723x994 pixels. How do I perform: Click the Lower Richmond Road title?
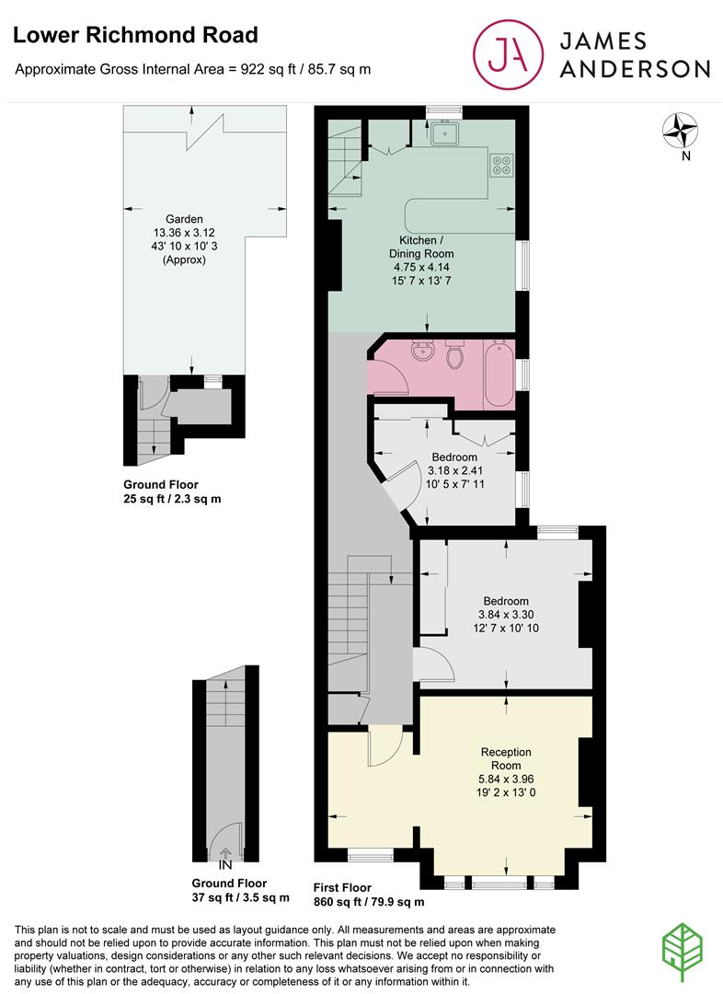pyautogui.click(x=135, y=36)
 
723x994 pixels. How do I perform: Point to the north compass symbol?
pyautogui.click(x=683, y=131)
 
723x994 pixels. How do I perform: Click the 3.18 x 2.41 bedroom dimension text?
pyautogui.click(x=454, y=472)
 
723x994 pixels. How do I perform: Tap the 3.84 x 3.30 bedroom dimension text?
pyautogui.click(x=506, y=615)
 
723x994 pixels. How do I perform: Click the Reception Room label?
pyautogui.click(x=506, y=758)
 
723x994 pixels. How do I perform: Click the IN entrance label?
pyautogui.click(x=225, y=865)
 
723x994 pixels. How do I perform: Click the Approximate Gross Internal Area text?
pyautogui.click(x=193, y=69)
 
